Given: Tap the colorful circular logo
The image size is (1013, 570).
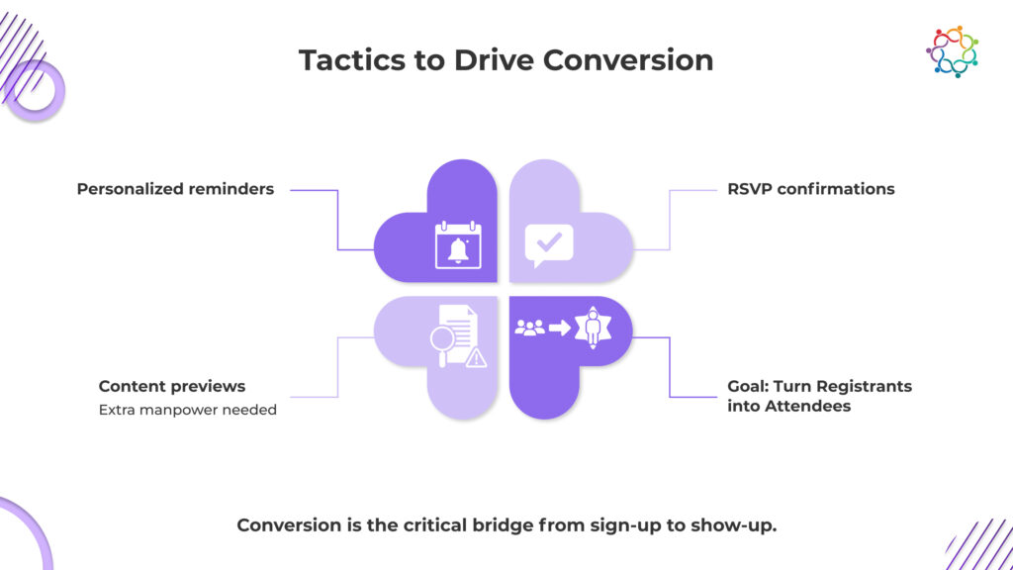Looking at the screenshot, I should tap(952, 51).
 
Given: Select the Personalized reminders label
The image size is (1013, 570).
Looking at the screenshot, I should tap(175, 189).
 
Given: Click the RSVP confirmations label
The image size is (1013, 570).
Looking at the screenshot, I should tap(810, 189).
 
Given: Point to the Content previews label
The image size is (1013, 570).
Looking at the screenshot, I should tap(172, 386).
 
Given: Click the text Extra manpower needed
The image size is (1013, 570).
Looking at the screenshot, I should tap(187, 410).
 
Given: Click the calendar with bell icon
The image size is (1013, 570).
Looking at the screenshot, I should tap(457, 245).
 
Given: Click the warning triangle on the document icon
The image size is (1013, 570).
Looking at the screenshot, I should tap(476, 357).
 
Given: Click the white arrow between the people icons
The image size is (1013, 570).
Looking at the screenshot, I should tap(559, 328).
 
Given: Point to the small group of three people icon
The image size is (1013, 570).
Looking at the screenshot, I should tap(529, 328).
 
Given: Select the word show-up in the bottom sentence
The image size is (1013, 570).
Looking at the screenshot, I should tap(737, 524).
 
